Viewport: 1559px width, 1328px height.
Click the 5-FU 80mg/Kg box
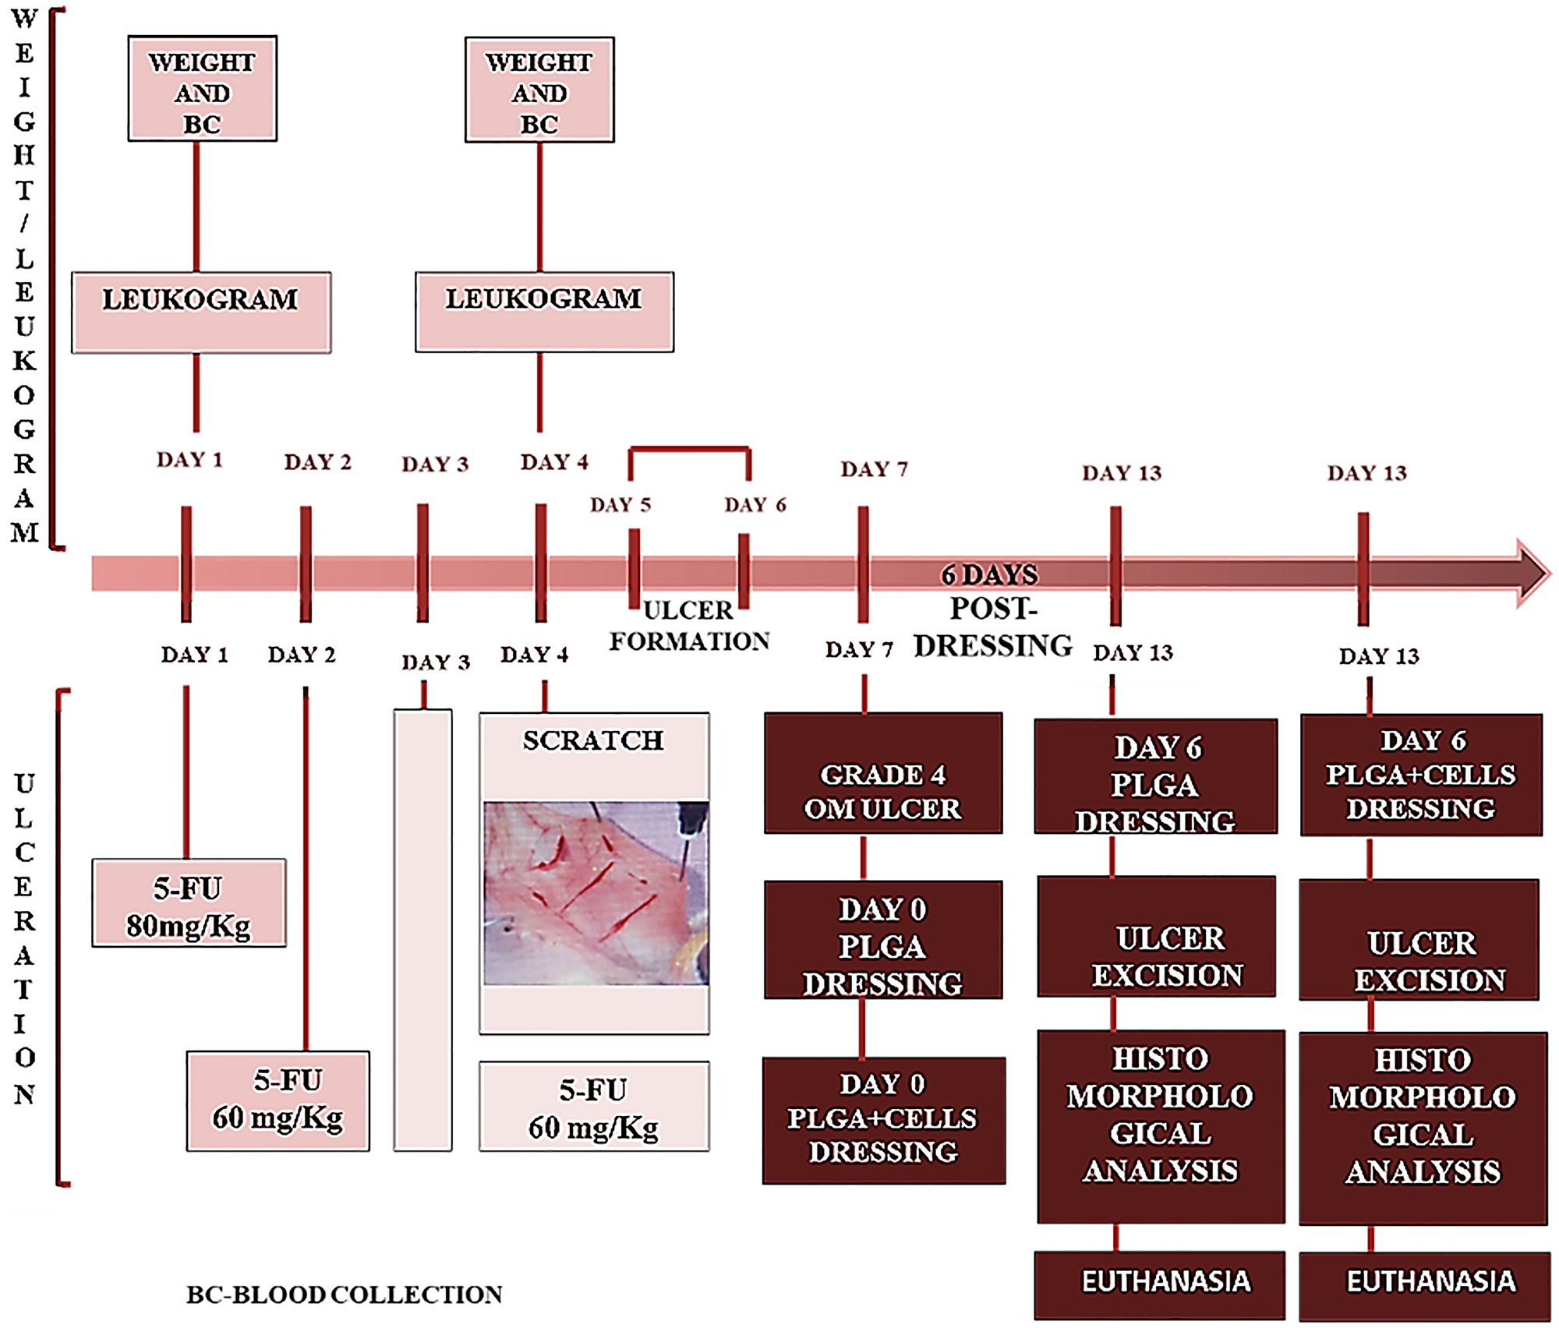coord(189,903)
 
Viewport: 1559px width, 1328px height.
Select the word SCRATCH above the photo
coord(593,740)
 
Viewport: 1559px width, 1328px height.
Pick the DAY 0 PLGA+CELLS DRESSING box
coord(883,1120)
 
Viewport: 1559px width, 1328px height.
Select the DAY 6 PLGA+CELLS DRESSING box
coord(1421,775)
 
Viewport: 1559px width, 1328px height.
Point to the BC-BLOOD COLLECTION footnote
coord(344,1294)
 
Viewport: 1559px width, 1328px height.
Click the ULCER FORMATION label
coord(689,626)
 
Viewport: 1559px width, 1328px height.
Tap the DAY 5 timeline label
coord(620,505)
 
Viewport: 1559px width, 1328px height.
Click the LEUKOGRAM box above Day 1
coord(201,313)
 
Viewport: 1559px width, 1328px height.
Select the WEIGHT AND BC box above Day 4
coord(539,90)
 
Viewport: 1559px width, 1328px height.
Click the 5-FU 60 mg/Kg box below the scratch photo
coord(594,1107)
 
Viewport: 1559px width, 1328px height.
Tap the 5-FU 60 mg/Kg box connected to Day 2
coord(278,1100)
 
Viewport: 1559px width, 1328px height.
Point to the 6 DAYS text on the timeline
coord(989,575)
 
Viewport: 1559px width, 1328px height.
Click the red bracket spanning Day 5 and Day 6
coord(689,450)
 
